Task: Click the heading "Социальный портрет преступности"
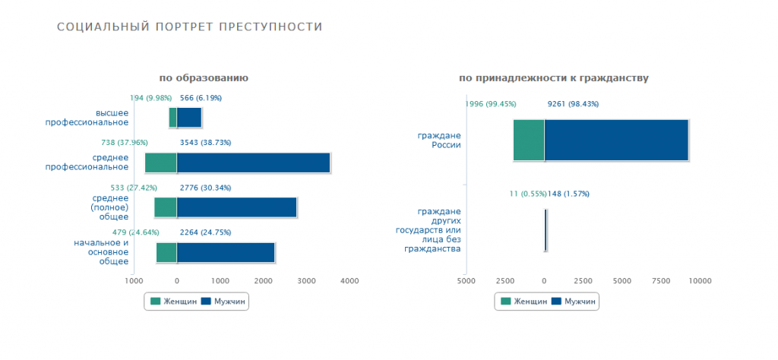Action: point(190,27)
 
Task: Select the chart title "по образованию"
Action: point(204,78)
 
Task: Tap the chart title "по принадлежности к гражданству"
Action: point(554,78)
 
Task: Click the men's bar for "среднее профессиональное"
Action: point(253,163)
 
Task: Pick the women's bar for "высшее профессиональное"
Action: point(172,118)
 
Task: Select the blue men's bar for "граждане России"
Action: point(615,140)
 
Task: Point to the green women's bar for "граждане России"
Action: point(528,140)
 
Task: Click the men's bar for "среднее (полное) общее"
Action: point(236,207)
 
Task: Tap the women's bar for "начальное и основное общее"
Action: point(166,252)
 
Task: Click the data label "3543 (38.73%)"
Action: point(205,142)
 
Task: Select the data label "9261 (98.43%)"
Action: point(573,104)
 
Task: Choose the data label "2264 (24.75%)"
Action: point(205,232)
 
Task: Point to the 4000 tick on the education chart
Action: point(349,281)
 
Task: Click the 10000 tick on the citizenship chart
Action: point(700,281)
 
